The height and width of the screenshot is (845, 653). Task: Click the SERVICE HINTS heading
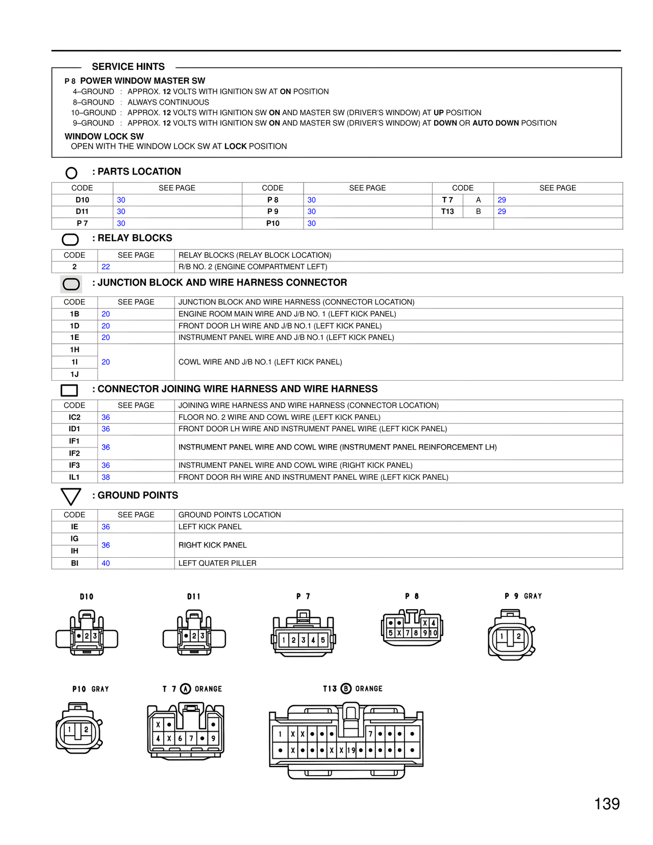(x=128, y=67)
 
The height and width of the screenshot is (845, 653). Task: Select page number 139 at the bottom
(x=607, y=804)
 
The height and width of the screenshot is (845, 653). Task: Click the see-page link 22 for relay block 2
(x=106, y=267)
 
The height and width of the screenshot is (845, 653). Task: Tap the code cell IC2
(x=74, y=417)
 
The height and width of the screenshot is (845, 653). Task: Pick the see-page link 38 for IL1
(x=106, y=477)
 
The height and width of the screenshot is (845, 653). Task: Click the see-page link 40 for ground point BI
(x=106, y=563)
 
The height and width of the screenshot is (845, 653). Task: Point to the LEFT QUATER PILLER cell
(x=217, y=563)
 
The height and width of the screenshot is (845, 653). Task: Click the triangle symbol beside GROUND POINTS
(x=70, y=496)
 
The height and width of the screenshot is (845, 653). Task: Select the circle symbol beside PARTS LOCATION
(x=71, y=173)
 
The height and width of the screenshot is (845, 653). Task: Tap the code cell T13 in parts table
(x=447, y=212)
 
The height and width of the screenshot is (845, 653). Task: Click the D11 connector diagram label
(x=194, y=597)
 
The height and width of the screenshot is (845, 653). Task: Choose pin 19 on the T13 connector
(x=351, y=751)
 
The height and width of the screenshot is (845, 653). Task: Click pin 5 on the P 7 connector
(x=323, y=640)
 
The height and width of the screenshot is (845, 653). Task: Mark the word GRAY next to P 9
(x=533, y=596)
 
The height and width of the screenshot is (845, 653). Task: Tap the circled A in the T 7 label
(x=186, y=689)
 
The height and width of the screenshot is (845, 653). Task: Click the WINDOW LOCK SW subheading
(x=104, y=137)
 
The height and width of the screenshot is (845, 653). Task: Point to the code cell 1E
(x=74, y=337)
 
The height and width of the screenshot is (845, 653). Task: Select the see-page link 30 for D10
(x=121, y=200)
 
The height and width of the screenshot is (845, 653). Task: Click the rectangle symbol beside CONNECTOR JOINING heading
(x=69, y=390)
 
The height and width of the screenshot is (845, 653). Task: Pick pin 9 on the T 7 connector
(x=213, y=738)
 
